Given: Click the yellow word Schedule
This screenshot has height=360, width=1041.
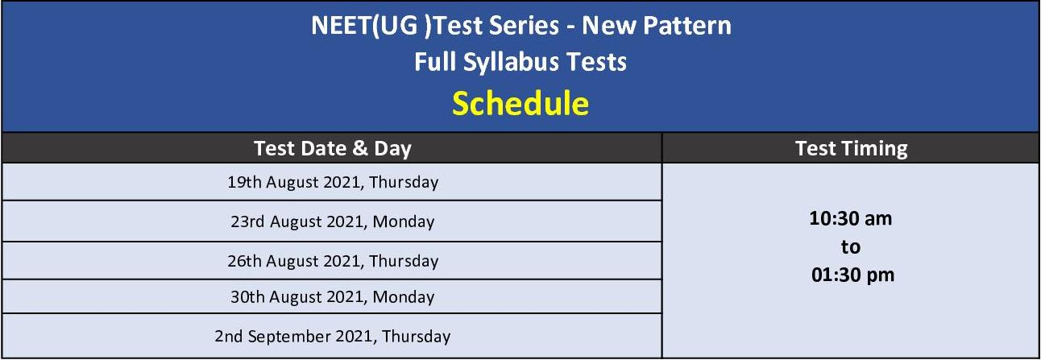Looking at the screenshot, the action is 520,104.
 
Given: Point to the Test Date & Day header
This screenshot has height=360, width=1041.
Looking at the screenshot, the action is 333,149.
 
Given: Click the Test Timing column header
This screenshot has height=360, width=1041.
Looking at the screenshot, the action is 852,149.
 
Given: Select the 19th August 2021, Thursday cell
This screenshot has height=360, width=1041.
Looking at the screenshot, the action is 333,182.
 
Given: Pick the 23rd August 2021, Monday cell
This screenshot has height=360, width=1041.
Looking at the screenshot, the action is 333,221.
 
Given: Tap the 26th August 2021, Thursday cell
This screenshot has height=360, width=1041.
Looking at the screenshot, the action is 333,261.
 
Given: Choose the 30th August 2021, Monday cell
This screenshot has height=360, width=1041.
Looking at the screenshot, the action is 333,297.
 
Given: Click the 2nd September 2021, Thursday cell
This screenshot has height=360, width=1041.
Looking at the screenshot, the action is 333,337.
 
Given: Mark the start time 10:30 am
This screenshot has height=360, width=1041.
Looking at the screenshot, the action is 851,219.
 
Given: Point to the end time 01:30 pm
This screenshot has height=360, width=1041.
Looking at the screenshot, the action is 852,275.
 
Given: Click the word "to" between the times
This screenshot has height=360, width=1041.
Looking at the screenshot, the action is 851,247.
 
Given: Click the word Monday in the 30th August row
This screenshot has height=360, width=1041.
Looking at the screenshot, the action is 404,297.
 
